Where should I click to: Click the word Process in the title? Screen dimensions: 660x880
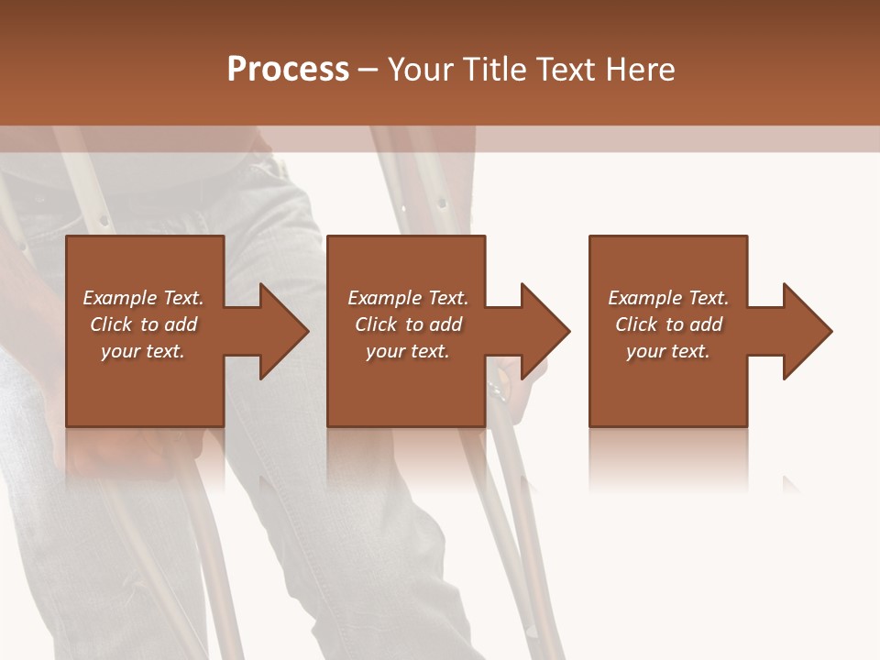pos(288,69)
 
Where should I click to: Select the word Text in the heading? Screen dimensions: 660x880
pos(565,69)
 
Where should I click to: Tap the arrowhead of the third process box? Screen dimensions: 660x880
pos(806,331)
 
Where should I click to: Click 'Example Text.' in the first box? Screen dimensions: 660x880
pos(143,298)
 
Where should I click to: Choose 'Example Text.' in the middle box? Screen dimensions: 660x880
pos(408,298)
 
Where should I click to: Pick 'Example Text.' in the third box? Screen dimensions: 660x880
pos(668,298)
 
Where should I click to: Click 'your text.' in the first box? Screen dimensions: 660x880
pos(143,351)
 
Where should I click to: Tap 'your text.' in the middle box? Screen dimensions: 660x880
pos(408,351)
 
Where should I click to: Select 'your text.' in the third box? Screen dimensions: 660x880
pos(668,351)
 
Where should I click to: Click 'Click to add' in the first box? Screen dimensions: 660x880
pos(143,324)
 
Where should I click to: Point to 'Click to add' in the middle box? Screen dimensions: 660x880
pos(408,324)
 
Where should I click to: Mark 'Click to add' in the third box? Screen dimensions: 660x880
pos(668,324)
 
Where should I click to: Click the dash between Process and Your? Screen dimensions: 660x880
pos(368,70)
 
